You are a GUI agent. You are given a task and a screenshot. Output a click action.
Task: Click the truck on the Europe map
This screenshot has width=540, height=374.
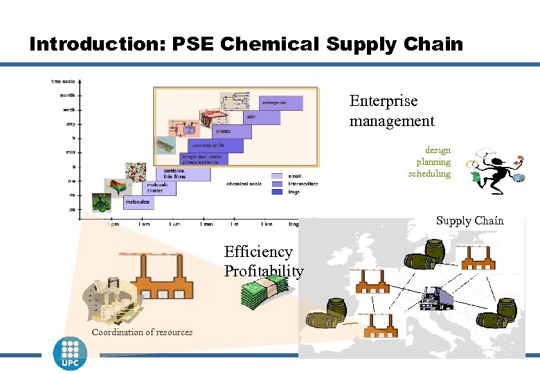pos(436,299)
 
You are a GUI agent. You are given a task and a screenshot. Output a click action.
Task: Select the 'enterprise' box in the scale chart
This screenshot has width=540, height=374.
pos(280,103)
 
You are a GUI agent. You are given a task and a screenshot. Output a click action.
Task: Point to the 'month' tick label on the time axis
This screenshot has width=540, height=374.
pos(68,95)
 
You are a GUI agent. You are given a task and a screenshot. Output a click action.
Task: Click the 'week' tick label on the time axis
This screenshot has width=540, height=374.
pos(69,109)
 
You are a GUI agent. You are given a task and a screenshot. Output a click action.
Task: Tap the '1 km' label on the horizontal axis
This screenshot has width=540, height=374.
pos(267,224)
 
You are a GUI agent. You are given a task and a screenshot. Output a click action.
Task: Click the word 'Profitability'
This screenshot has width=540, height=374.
pos(263,271)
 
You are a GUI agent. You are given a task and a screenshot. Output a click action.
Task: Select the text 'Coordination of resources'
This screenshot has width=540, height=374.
pos(142,332)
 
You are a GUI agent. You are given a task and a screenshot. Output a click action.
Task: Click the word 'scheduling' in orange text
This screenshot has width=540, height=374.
pos(429,174)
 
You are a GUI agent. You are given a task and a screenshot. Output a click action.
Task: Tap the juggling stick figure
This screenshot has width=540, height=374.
pos(495,170)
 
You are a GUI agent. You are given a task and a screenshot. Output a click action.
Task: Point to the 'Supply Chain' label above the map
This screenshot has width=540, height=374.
pos(470,221)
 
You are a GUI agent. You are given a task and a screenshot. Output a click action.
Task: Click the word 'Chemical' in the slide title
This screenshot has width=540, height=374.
pos(270,44)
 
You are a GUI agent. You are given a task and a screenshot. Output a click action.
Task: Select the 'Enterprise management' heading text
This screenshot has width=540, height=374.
pos(391,111)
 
